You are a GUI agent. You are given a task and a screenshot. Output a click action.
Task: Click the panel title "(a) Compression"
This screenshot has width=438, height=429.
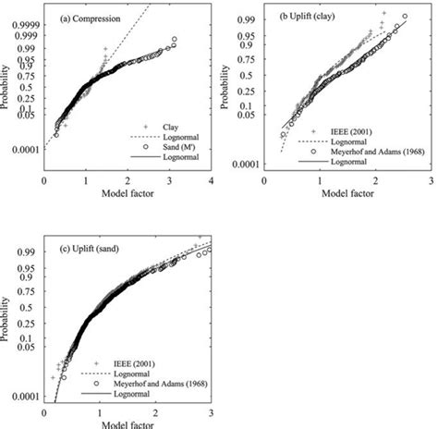tap(88, 15)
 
